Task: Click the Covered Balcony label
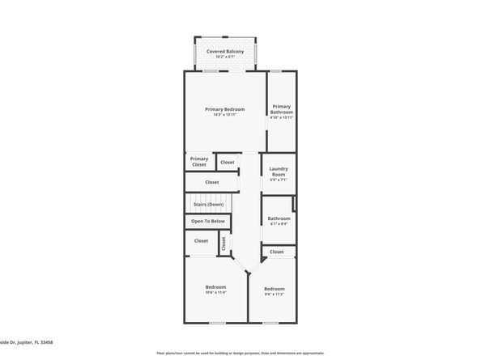pyautogui.click(x=224, y=51)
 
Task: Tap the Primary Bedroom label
pyautogui.click(x=224, y=109)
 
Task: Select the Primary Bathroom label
pyautogui.click(x=281, y=109)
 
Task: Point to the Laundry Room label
pyautogui.click(x=278, y=172)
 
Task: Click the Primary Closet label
pyautogui.click(x=199, y=162)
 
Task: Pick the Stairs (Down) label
pyautogui.click(x=208, y=205)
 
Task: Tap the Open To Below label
pyautogui.click(x=208, y=221)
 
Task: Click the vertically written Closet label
pyautogui.click(x=224, y=241)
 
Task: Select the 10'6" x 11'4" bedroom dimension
pyautogui.click(x=215, y=293)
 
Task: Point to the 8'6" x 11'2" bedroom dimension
pyautogui.click(x=274, y=294)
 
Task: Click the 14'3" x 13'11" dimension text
pyautogui.click(x=224, y=115)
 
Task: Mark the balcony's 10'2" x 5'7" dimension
pyautogui.click(x=224, y=57)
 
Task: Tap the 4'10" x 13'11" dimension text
pyautogui.click(x=281, y=118)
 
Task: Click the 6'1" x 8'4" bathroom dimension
pyautogui.click(x=279, y=223)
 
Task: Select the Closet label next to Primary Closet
pyautogui.click(x=228, y=163)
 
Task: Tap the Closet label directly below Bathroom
pyautogui.click(x=277, y=252)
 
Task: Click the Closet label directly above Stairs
pyautogui.click(x=212, y=182)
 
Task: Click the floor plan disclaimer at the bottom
pyautogui.click(x=240, y=354)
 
